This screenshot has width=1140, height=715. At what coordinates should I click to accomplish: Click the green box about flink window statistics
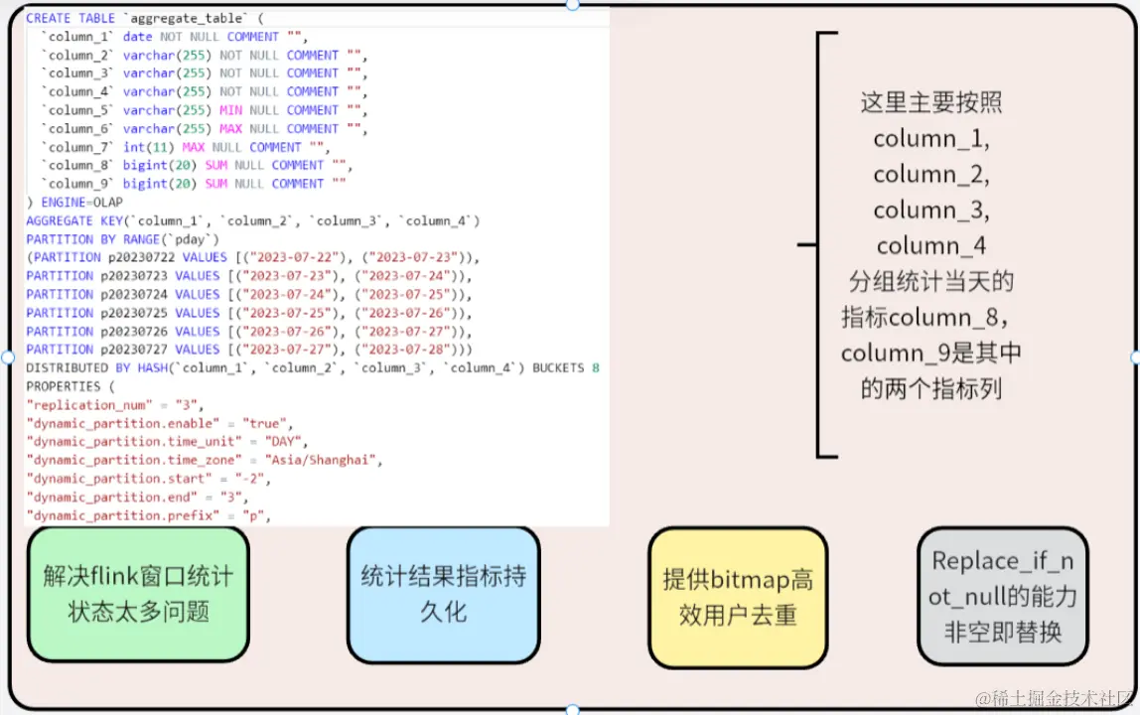click(x=137, y=593)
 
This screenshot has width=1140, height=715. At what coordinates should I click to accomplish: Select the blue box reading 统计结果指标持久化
click(x=443, y=593)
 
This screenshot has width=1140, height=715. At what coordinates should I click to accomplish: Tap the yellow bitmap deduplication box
click(x=737, y=597)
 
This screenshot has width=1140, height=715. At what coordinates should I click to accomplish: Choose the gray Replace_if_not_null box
click(x=1002, y=596)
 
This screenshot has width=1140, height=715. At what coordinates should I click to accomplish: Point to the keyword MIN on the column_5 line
click(x=230, y=110)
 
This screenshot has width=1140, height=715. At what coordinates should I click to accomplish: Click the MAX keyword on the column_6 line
click(x=230, y=129)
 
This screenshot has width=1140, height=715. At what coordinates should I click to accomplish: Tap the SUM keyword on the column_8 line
click(x=215, y=166)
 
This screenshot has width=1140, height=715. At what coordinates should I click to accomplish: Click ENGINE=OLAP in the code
click(x=82, y=203)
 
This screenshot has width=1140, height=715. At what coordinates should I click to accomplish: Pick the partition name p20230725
click(x=134, y=313)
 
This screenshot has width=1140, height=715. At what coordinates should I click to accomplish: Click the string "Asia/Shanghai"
click(x=323, y=460)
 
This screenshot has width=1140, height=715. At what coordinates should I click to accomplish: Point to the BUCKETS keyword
click(x=558, y=368)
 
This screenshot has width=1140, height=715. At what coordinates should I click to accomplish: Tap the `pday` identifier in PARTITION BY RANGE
click(x=196, y=239)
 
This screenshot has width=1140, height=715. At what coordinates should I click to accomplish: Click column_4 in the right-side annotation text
click(x=931, y=245)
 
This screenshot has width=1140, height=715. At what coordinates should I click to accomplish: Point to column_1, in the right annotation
click(x=931, y=138)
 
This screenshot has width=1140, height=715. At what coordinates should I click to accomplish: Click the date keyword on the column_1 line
click(x=138, y=37)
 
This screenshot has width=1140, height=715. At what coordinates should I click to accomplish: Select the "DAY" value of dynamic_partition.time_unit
click(x=287, y=442)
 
